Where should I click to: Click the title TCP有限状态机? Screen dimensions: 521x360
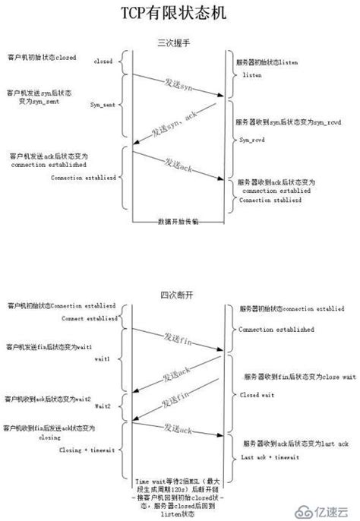[179, 13]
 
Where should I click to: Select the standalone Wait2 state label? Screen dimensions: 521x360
[105, 409]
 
